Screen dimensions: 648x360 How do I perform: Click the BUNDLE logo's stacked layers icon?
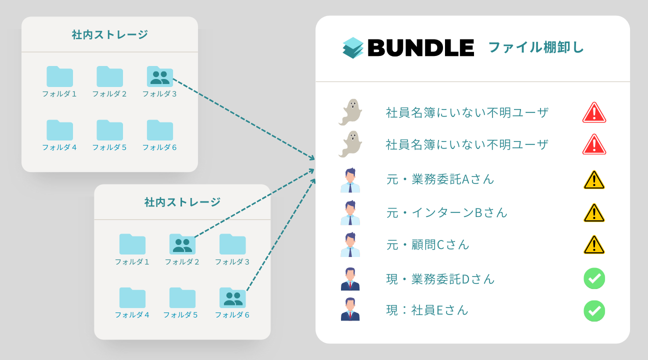[x=353, y=48]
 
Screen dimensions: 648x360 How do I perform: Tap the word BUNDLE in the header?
[x=420, y=48]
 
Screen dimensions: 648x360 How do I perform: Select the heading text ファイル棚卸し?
[x=535, y=48]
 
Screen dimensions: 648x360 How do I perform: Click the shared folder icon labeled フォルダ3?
[x=160, y=76]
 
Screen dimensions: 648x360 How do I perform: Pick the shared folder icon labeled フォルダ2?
[x=182, y=244]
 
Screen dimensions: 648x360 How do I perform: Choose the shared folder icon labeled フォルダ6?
[x=232, y=297]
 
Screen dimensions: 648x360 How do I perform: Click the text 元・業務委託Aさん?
[x=440, y=179]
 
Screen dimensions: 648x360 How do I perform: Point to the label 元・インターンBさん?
[x=447, y=212]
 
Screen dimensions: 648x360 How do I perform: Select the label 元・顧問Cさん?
[x=428, y=245]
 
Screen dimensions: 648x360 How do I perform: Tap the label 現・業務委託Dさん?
[x=440, y=279]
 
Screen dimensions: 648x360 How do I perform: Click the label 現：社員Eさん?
[x=427, y=310]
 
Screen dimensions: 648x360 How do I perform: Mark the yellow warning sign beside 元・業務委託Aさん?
[x=594, y=180]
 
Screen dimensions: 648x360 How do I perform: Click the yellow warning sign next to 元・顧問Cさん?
[x=594, y=245]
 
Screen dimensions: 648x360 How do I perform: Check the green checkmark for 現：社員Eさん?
[x=594, y=311]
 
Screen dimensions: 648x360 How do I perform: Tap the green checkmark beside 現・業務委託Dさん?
[x=594, y=278]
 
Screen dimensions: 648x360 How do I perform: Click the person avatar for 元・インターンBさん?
[x=350, y=212]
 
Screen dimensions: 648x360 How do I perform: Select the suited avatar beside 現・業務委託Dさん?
[x=350, y=279]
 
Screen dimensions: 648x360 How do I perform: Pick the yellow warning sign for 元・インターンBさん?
[x=594, y=212]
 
